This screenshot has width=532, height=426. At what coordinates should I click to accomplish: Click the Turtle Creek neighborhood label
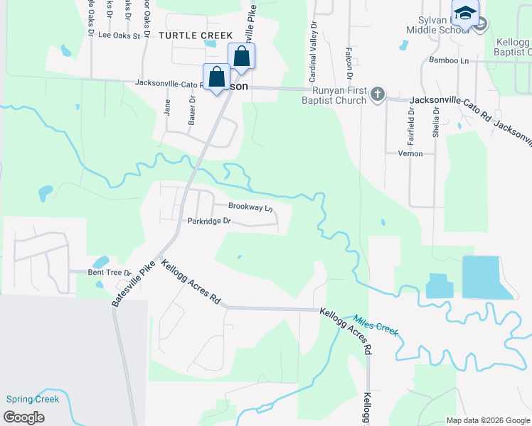coord(196,35)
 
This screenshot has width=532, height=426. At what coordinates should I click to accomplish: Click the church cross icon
coord(378,94)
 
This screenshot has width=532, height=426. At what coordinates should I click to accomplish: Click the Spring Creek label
coord(32,399)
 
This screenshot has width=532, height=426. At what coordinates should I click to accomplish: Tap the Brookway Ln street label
coord(250,207)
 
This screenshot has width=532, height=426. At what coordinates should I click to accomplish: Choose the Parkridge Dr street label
coord(209,221)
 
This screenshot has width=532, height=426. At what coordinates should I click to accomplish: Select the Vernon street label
coord(410,153)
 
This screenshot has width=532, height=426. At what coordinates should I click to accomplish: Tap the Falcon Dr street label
coord(349,62)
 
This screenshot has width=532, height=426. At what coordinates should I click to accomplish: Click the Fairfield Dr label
coord(411,121)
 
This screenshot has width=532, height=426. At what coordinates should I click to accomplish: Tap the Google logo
coord(23,417)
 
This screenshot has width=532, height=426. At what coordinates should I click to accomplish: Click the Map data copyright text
coord(487,420)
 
